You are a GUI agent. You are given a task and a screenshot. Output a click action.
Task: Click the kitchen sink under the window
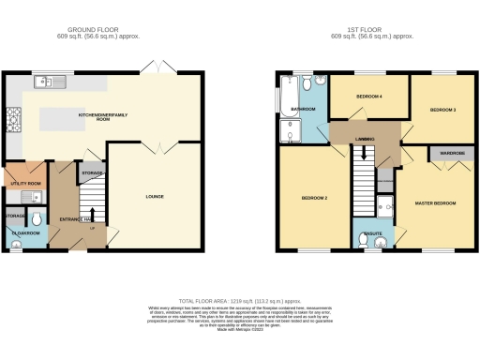pyautogui.click(x=44, y=82)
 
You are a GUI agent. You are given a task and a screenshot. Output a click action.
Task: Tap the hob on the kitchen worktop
pyautogui.click(x=13, y=119)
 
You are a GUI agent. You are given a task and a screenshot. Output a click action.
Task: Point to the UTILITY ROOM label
pyautogui.click(x=24, y=183)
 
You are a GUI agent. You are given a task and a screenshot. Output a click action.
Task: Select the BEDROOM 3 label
pyautogui.click(x=442, y=110)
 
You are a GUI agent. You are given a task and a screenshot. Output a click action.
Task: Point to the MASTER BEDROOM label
pyautogui.click(x=433, y=203)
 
